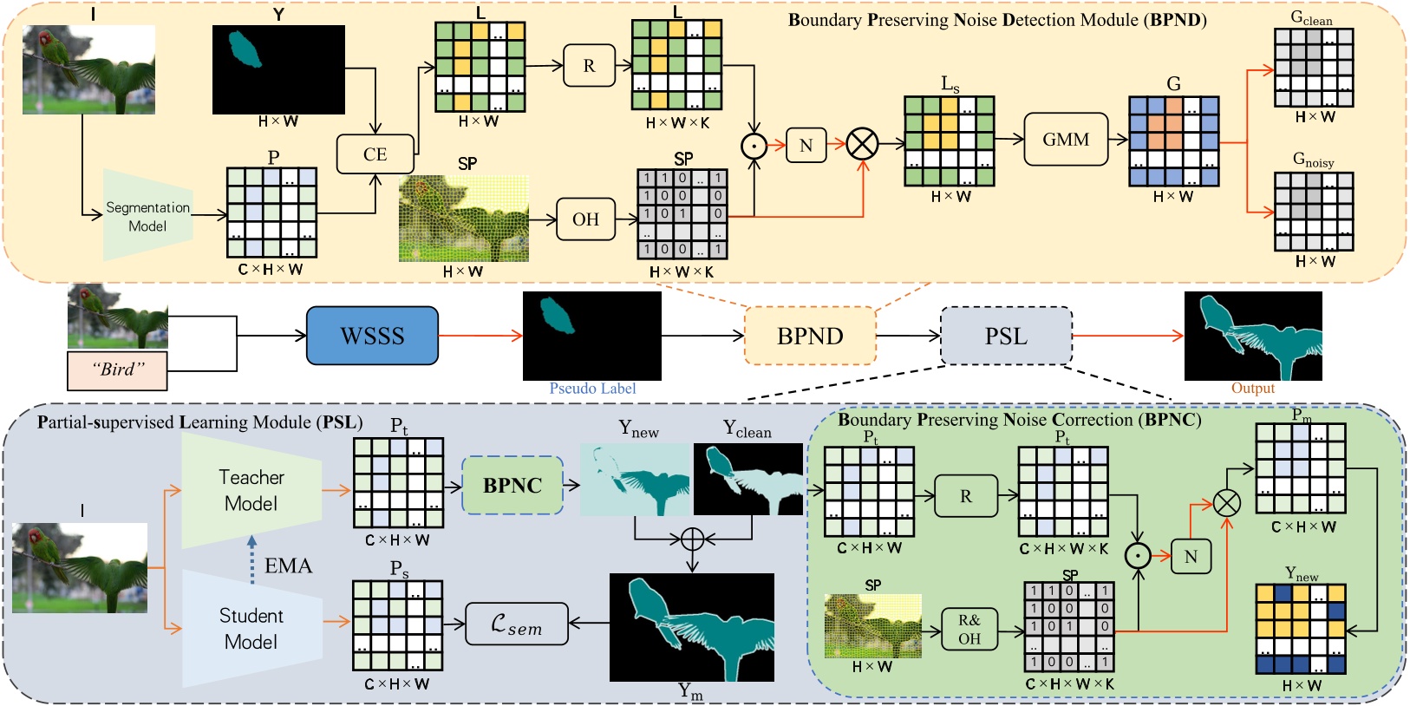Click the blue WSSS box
pos(372,336)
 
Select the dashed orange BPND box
pos(810,336)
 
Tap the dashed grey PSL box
pos(1006,336)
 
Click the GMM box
pos(1066,139)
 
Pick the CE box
pos(375,154)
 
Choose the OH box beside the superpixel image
pos(585,219)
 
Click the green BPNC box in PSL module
pos(512,486)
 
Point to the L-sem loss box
pos(517,624)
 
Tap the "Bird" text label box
pos(117,370)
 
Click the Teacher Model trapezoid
pos(251,490)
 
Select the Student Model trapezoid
pos(251,629)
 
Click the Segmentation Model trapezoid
pos(147,216)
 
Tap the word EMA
pos(288,565)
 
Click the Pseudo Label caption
pos(592,389)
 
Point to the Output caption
pos(1252,388)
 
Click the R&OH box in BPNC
pos(969,630)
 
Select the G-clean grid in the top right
pos(1314,68)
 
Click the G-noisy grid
pos(1314,211)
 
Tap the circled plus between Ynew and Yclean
pos(692,539)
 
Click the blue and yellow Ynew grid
pos(1301,630)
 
